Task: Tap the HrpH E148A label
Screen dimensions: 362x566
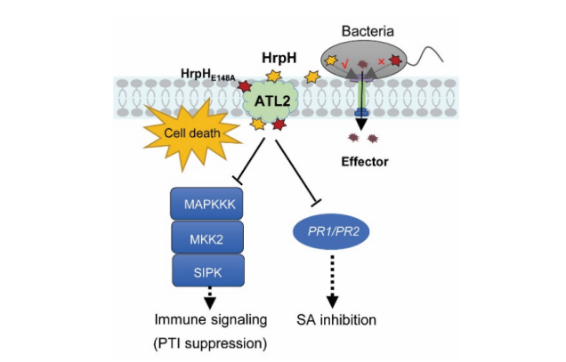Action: point(206,77)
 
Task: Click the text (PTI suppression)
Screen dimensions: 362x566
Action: point(206,341)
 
